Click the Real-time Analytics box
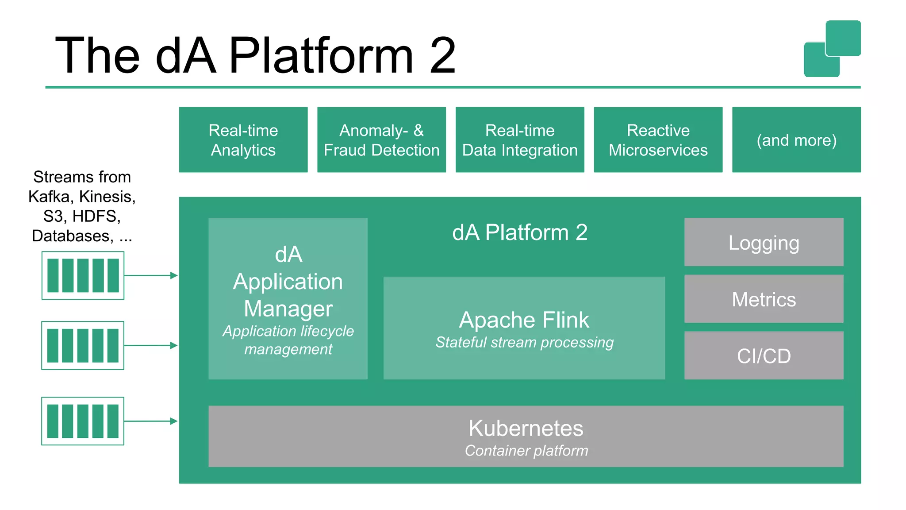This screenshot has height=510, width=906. click(x=243, y=139)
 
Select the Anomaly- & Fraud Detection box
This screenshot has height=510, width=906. click(x=381, y=139)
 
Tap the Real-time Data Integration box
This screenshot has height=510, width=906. click(x=519, y=139)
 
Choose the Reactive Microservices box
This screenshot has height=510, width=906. click(x=658, y=139)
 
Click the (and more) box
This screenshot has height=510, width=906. click(x=796, y=139)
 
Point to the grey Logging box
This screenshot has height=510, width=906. click(x=764, y=242)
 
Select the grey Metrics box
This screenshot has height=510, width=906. click(x=764, y=299)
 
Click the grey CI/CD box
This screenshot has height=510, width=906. click(x=764, y=355)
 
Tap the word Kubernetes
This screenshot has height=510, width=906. click(x=526, y=428)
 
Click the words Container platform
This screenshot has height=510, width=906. click(x=526, y=451)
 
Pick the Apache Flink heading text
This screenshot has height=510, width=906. click(x=524, y=320)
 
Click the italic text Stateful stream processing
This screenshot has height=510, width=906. click(x=524, y=342)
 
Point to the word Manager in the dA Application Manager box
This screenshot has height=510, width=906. click(x=288, y=309)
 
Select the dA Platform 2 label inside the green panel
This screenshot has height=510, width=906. click(x=519, y=232)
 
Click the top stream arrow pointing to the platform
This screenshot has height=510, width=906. click(x=150, y=275)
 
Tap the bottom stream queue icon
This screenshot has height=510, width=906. click(x=83, y=421)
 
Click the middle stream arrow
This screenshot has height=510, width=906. click(x=150, y=345)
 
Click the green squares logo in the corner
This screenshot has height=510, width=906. click(x=832, y=49)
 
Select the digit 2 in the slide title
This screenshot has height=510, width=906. click(x=442, y=56)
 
